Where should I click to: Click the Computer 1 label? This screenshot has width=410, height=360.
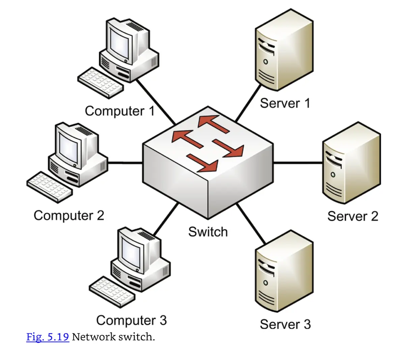[120, 111]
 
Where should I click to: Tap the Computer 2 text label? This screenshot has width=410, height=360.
[69, 215]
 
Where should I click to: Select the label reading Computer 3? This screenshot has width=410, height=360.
[131, 320]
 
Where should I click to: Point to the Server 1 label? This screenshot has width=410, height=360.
[285, 103]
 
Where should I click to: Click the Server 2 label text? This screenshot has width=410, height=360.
[353, 216]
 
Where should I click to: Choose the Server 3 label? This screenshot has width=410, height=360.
[285, 324]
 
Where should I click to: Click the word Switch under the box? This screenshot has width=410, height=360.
[208, 232]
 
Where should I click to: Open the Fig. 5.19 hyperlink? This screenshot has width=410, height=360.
[48, 337]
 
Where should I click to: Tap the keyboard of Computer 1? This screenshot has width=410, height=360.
[100, 83]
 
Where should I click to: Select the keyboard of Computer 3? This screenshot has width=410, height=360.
[112, 292]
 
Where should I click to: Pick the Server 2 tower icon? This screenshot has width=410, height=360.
[351, 163]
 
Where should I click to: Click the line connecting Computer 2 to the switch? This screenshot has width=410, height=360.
[125, 163]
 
